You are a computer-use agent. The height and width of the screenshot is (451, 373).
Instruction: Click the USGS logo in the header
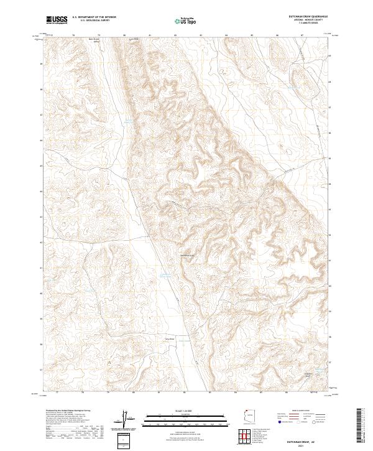[57, 20]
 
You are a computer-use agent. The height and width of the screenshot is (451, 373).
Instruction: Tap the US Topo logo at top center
[187, 21]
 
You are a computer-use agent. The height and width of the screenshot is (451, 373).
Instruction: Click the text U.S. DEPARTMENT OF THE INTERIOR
[94, 17]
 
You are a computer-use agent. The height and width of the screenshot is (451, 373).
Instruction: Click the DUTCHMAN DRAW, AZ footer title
[309, 441]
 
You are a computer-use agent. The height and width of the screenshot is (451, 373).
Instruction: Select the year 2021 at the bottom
[309, 445]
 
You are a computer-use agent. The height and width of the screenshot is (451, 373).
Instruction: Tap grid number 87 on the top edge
[303, 35]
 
